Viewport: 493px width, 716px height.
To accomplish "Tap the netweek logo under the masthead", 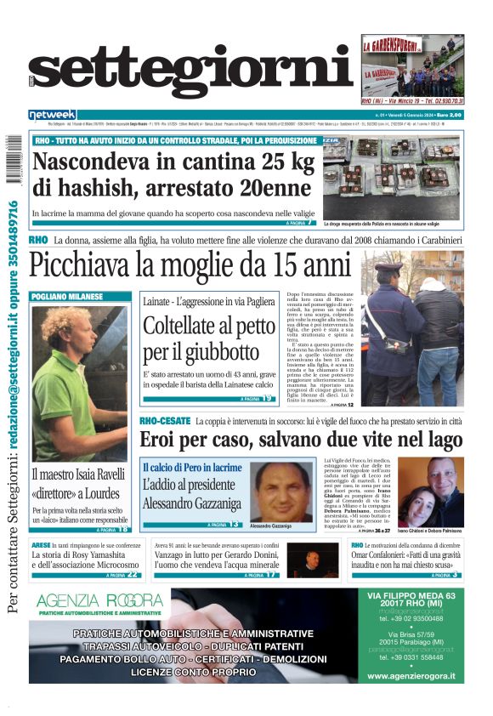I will coord(52,115).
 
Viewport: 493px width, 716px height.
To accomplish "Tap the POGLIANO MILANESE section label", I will coord(68,297).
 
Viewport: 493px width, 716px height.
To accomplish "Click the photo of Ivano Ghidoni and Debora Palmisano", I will coord(429,493).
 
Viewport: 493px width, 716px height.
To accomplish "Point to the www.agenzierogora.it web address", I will coord(411,677).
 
